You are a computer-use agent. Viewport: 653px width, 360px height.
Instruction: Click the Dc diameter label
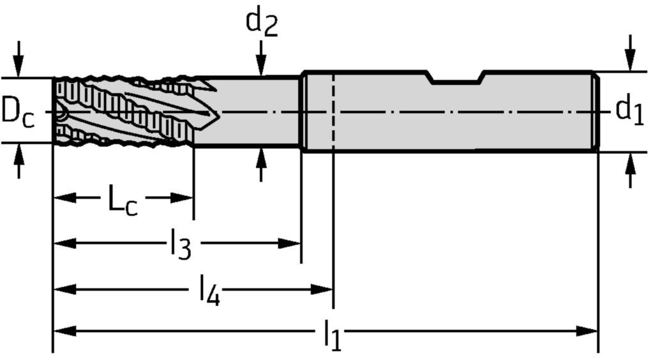(17, 111)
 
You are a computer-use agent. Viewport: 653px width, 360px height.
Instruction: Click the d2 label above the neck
(262, 24)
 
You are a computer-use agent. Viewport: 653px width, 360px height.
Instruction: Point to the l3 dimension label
(180, 246)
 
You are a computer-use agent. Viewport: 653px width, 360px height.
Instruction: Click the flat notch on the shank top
(456, 80)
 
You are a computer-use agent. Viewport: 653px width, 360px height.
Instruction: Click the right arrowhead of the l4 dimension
(323, 289)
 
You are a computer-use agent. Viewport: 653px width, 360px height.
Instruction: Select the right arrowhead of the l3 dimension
(290, 243)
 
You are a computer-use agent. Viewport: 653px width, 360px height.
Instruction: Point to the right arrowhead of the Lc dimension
(183, 198)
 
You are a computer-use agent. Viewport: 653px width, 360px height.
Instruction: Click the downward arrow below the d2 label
(260, 63)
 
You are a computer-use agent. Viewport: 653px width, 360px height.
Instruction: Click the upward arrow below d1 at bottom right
(631, 167)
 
